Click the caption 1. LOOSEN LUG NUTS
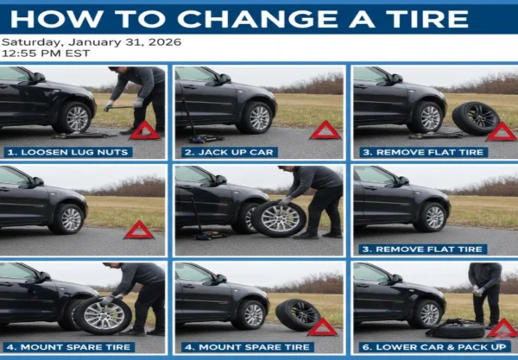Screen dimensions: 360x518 (68, 152)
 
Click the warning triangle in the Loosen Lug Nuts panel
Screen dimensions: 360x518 (144, 131)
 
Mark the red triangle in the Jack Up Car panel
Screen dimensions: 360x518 (325, 130)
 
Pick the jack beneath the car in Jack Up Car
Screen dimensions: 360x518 (200, 135)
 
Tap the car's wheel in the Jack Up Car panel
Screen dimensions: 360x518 (258, 117)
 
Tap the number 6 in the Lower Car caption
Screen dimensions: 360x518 (363, 347)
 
